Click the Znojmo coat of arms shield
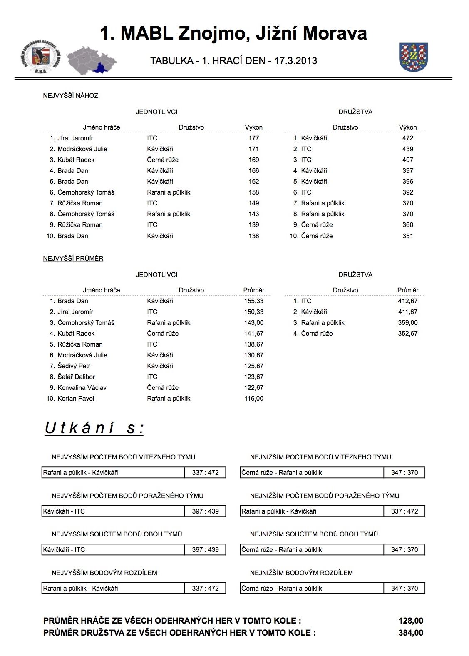pyautogui.click(x=414, y=57)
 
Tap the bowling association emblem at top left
pyautogui.click(x=40, y=57)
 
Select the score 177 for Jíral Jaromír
pyautogui.click(x=253, y=138)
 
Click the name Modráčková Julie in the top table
pyautogui.click(x=82, y=149)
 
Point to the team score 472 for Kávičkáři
pyautogui.click(x=407, y=138)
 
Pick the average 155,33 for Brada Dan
pyautogui.click(x=253, y=301)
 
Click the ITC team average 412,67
pyautogui.click(x=407, y=301)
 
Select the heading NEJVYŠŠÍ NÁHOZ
pyautogui.click(x=71, y=96)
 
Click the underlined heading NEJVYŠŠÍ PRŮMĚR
pyautogui.click(x=73, y=259)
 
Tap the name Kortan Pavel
pyautogui.click(x=76, y=399)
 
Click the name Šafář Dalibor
pyautogui.click(x=76, y=377)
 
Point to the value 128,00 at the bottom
pyautogui.click(x=410, y=621)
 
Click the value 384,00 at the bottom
pyautogui.click(x=410, y=633)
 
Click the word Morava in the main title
pyautogui.click(x=335, y=33)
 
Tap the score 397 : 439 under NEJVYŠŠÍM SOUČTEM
pyautogui.click(x=205, y=550)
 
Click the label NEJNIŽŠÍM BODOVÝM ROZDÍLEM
pyautogui.click(x=301, y=573)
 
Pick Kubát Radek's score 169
pyautogui.click(x=253, y=160)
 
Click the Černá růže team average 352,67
pyautogui.click(x=407, y=334)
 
